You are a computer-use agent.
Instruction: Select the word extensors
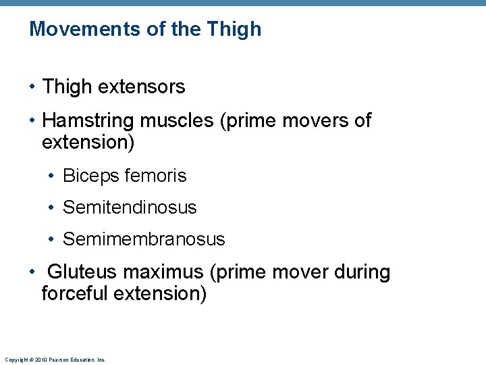pyautogui.click(x=142, y=87)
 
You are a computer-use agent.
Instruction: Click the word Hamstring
pyautogui.click(x=88, y=121)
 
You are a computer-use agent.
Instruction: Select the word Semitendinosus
pyautogui.click(x=130, y=208)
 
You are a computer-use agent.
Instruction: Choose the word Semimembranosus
pyautogui.click(x=144, y=239)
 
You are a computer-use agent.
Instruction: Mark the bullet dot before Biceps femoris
pyautogui.click(x=51, y=176)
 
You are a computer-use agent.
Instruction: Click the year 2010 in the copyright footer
pyautogui.click(x=38, y=360)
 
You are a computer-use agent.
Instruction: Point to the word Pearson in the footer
pyautogui.click(x=57, y=360)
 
